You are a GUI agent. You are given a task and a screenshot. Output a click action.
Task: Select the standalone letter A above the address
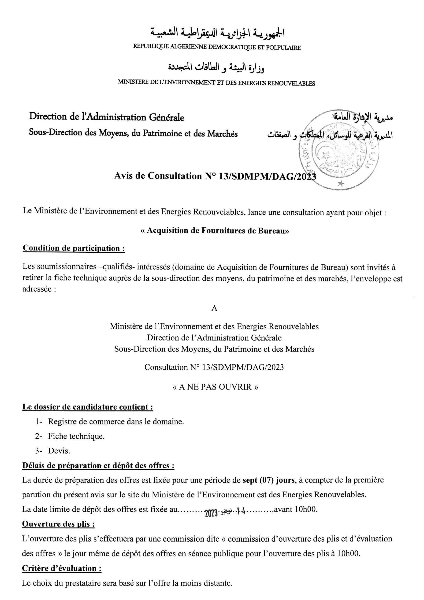point(214,308)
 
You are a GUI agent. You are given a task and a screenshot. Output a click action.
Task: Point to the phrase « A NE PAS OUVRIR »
point(216,387)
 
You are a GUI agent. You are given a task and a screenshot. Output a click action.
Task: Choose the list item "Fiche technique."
point(76,436)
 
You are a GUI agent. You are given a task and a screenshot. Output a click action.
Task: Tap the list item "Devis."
point(59,451)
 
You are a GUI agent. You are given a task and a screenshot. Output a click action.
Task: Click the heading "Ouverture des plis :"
point(59,524)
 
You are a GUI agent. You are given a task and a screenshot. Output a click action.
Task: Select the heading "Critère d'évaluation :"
point(62,568)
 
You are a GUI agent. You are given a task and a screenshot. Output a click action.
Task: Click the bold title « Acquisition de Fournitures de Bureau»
point(215,230)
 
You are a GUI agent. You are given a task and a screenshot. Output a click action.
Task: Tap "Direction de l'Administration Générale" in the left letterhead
point(107,117)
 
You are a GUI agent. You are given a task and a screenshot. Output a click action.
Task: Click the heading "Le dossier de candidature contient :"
point(88,407)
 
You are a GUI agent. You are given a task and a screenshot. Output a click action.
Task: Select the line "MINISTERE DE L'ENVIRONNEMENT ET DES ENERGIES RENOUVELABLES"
point(216,83)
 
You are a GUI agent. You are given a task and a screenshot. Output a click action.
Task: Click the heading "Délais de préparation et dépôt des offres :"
point(98,465)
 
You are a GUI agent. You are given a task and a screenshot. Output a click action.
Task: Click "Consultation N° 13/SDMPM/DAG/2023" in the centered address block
point(214,367)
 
